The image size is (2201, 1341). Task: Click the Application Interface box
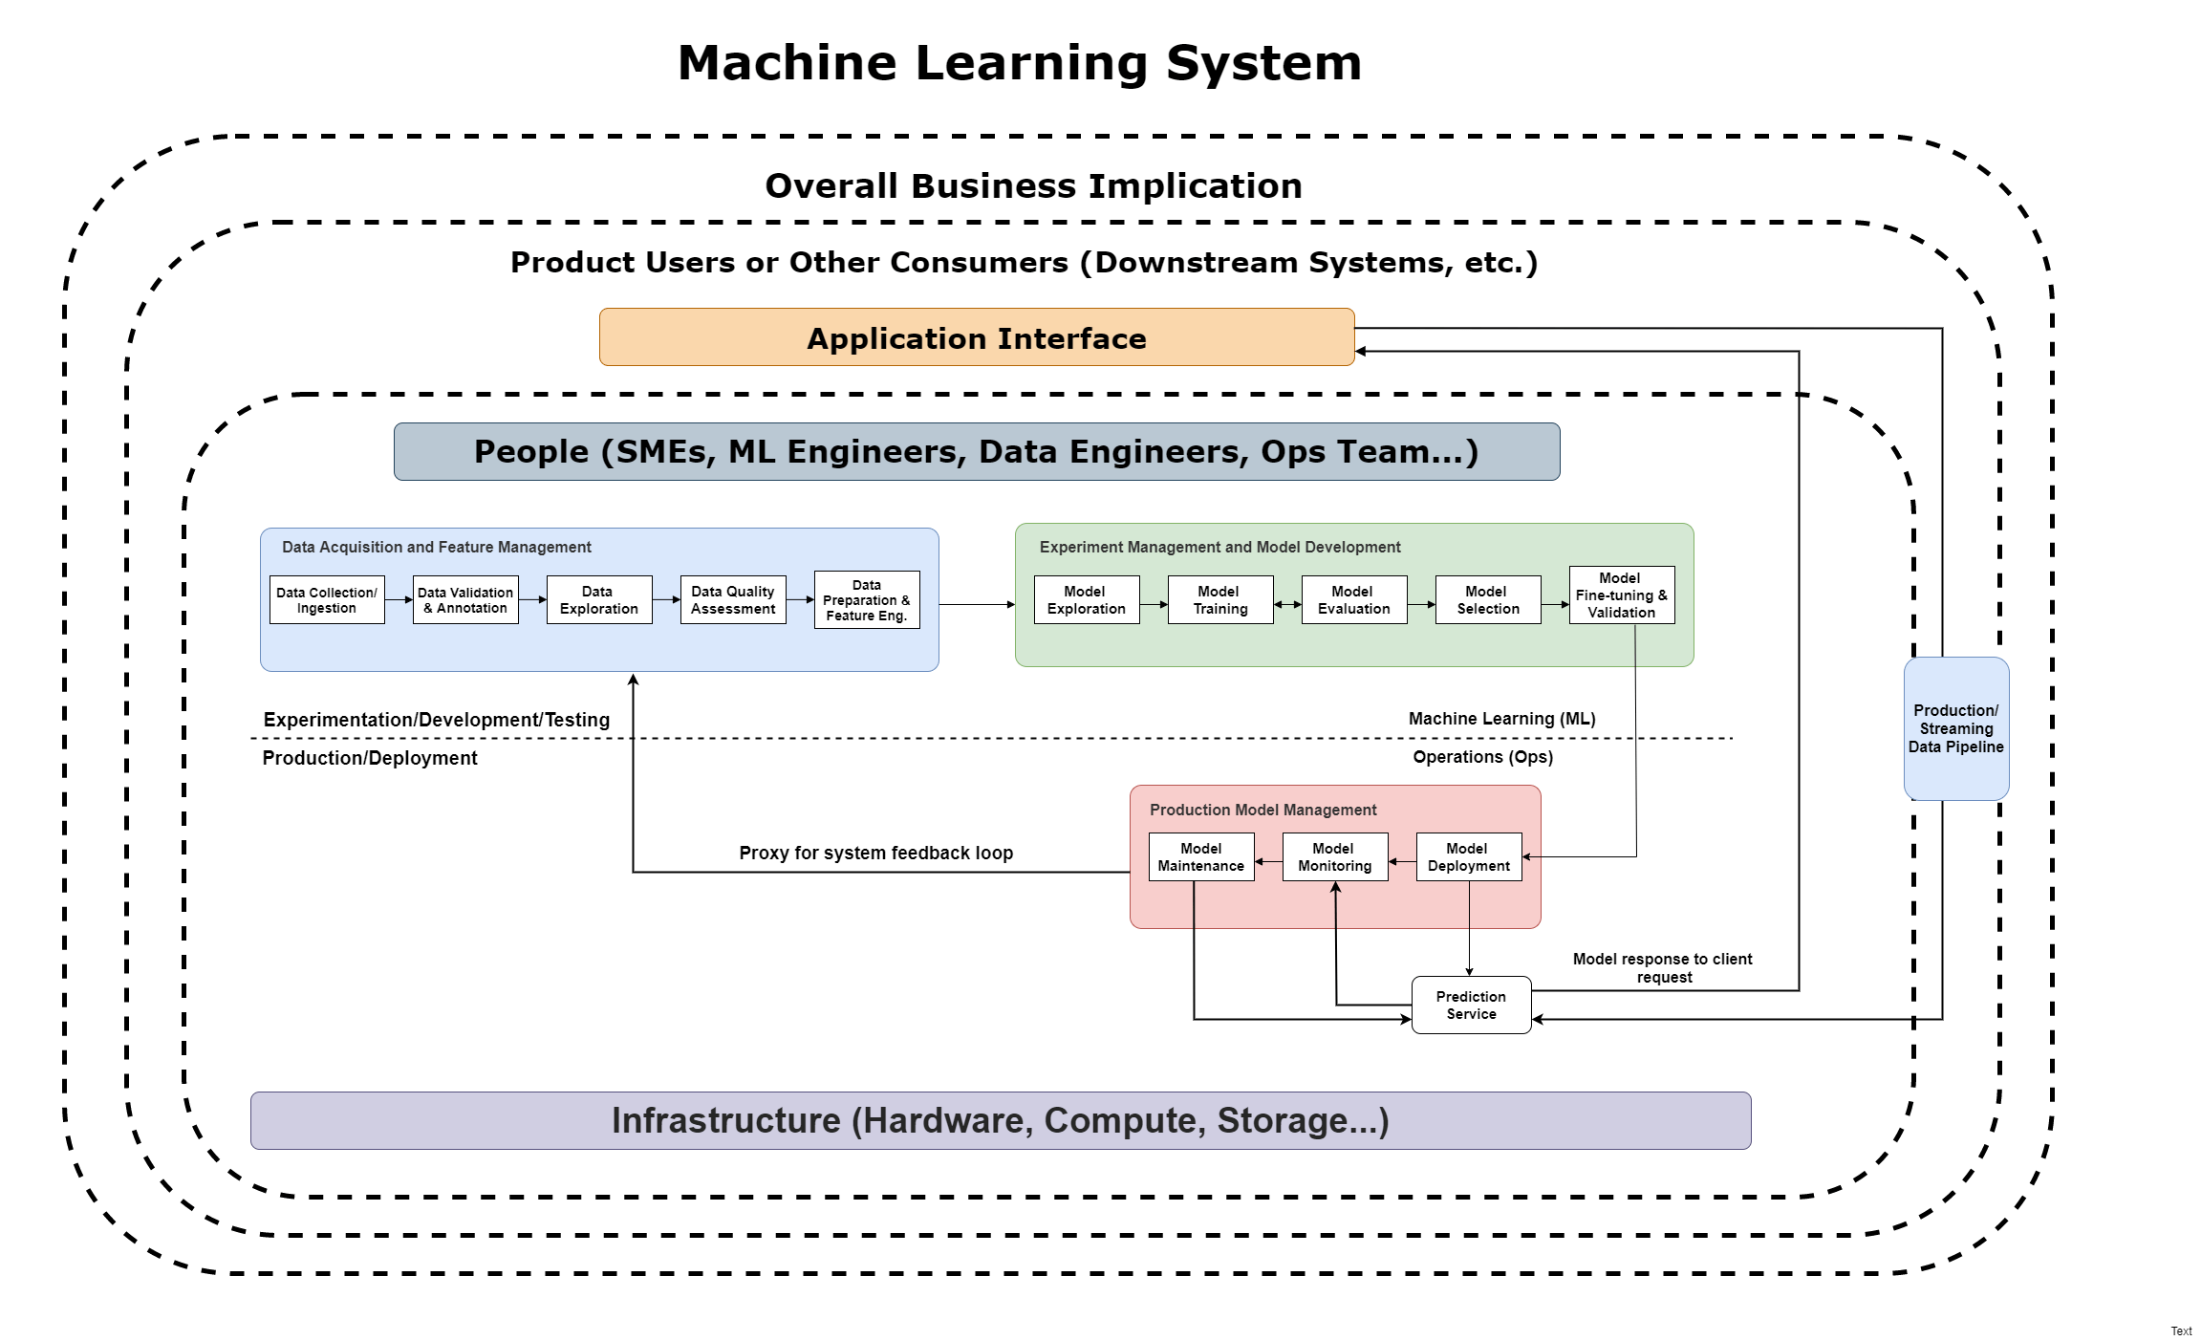click(x=976, y=337)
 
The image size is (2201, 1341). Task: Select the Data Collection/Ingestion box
click(x=327, y=600)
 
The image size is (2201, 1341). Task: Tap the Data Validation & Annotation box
click(x=465, y=600)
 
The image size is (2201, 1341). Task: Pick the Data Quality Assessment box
click(x=733, y=600)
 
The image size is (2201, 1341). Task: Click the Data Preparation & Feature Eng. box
click(x=867, y=600)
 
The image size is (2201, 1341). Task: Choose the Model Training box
click(x=1220, y=600)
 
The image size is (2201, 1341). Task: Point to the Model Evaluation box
click(x=1354, y=600)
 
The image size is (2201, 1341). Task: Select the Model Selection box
click(x=1488, y=600)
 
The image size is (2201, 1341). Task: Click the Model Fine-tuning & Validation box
click(x=1622, y=595)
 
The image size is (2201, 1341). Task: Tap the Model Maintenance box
click(x=1201, y=857)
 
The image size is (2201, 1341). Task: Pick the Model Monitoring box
click(x=1335, y=857)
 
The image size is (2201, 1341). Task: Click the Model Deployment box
click(x=1469, y=857)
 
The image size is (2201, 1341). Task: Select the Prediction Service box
click(x=1471, y=1006)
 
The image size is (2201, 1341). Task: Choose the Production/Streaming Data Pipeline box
click(x=1956, y=728)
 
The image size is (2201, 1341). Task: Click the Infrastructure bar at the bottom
click(x=1001, y=1120)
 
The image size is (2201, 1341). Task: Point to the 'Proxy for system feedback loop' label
click(x=875, y=853)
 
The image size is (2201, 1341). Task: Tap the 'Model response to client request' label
click(x=1663, y=967)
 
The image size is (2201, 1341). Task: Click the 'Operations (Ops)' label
click(x=1483, y=757)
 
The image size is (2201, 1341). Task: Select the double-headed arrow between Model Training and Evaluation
click(x=1287, y=605)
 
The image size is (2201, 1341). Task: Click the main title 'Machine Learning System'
click(x=1020, y=63)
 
